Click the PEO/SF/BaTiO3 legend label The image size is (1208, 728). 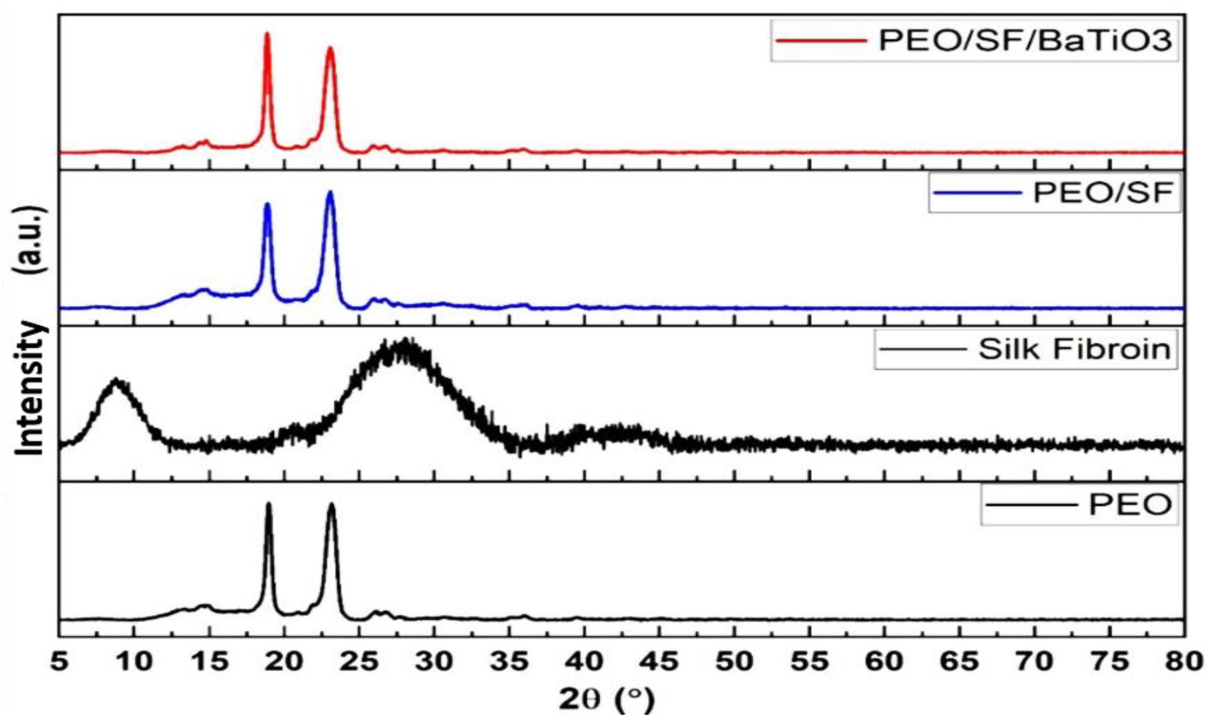click(1025, 41)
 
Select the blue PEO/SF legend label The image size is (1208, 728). click(1103, 193)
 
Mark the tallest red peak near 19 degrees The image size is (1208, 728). click(267, 34)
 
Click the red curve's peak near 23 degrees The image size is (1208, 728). click(331, 48)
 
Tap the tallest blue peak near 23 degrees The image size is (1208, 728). click(330, 193)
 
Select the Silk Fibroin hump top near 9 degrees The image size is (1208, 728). click(117, 380)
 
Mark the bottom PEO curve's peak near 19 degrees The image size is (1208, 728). click(268, 504)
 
